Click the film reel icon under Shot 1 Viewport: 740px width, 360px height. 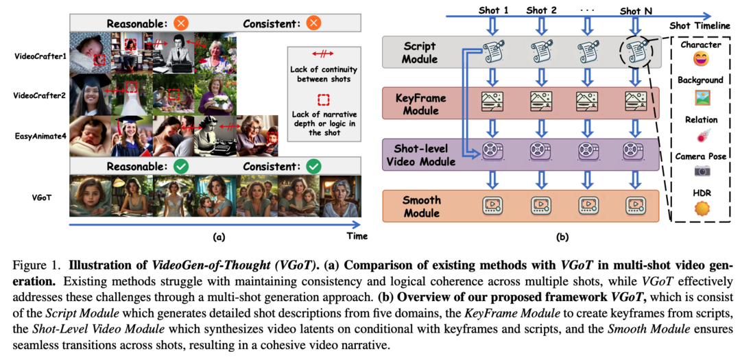[x=492, y=151]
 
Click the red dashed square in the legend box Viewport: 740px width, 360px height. [x=324, y=99]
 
